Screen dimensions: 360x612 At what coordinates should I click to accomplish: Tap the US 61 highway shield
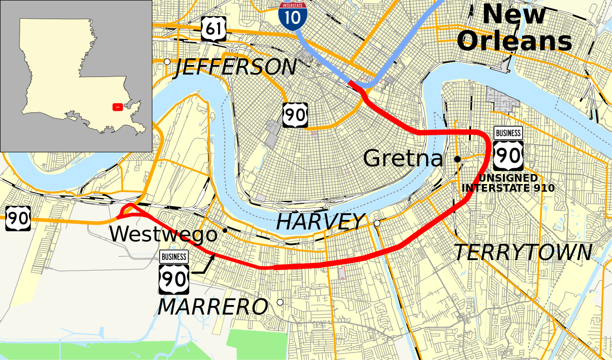[213, 29]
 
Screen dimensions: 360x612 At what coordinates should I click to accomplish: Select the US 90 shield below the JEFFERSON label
[295, 115]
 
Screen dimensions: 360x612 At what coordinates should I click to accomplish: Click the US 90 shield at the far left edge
[18, 218]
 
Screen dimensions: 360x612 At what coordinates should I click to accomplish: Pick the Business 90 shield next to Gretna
[508, 149]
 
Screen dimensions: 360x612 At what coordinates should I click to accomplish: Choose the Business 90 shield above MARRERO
[174, 272]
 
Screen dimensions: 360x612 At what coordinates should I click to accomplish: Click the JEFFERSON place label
[235, 67]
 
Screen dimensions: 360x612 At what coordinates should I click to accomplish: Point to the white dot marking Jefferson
[167, 62]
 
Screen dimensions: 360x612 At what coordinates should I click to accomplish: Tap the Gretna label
[403, 158]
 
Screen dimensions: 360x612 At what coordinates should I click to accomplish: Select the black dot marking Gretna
[457, 159]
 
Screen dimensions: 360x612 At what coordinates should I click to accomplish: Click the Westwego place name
[163, 234]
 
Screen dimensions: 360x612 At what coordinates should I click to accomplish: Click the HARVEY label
[320, 222]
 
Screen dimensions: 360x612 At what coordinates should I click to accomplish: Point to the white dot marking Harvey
[377, 223]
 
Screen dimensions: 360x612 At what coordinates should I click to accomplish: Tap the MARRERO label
[212, 307]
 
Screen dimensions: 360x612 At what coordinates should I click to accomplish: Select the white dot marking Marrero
[280, 302]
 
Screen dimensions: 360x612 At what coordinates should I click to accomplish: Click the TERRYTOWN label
[523, 252]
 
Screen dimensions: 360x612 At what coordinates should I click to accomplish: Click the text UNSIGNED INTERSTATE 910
[508, 183]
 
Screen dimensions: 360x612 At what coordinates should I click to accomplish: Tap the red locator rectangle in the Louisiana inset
[117, 107]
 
